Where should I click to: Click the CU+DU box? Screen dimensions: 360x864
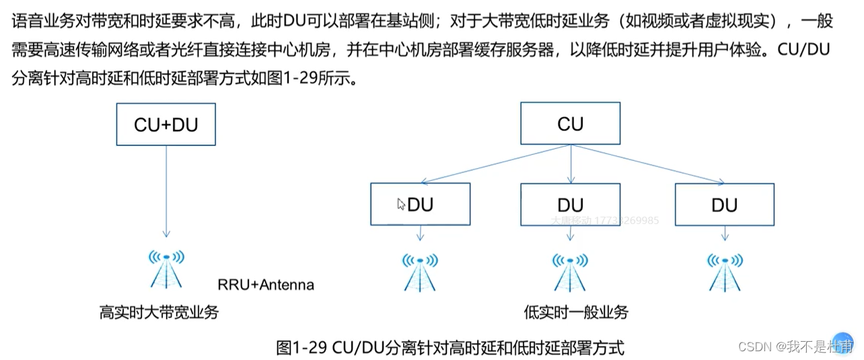coord(166,124)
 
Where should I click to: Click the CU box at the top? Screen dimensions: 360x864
coord(570,124)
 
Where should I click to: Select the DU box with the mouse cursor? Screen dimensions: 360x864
coord(420,205)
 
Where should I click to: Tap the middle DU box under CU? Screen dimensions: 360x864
coord(570,205)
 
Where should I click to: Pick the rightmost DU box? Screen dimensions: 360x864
coord(724,205)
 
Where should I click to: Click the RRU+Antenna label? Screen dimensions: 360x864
coord(266,285)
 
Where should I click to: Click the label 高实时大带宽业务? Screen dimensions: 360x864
coord(159,312)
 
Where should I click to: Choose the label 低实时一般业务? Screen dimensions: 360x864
coord(575,312)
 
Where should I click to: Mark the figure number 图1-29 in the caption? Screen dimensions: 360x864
coord(301,348)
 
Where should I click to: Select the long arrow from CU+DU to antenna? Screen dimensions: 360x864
coord(166,188)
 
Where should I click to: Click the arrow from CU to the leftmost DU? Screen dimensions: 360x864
coord(495,165)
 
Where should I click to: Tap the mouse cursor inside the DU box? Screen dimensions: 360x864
coord(401,204)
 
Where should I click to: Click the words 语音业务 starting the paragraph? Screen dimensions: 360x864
coord(36,21)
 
